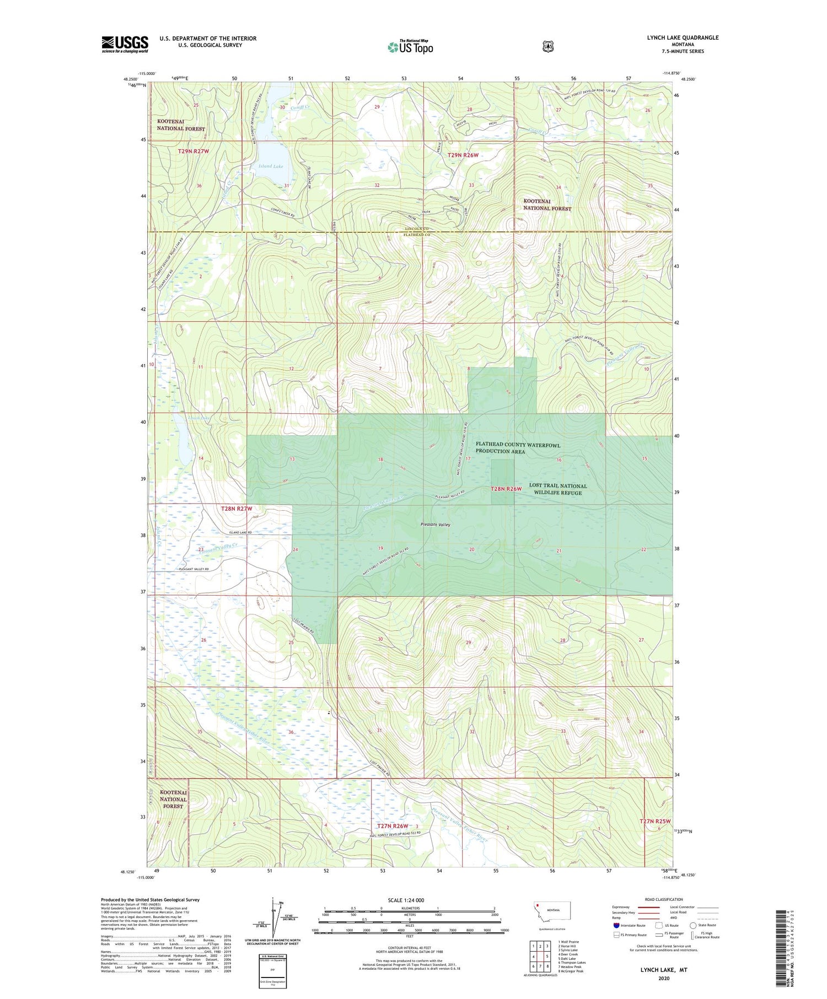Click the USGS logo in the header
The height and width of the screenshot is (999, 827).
125,44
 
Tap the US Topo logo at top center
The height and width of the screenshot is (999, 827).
410,47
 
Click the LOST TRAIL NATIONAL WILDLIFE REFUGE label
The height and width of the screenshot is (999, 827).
557,489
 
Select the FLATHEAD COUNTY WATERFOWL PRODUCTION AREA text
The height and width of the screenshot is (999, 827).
518,448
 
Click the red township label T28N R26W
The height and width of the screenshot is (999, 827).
506,489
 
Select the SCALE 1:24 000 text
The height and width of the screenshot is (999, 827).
406,900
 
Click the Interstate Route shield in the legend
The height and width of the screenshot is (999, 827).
616,925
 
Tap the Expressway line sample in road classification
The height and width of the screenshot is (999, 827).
648,907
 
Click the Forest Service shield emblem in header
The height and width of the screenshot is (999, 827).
547,46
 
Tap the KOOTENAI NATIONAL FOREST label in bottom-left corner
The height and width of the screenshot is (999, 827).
173,799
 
